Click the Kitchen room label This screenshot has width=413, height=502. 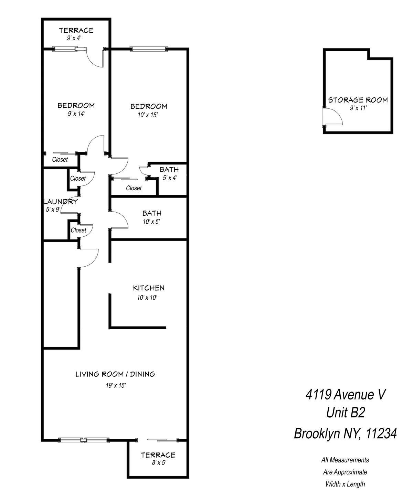(x=149, y=288)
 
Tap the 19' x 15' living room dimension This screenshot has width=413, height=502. (x=116, y=386)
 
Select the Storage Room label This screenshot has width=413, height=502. (x=358, y=100)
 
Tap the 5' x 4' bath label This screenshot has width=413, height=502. (x=170, y=178)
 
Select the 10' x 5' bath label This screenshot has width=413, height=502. (x=152, y=222)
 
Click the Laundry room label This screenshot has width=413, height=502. (x=61, y=202)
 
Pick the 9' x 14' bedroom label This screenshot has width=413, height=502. (x=76, y=114)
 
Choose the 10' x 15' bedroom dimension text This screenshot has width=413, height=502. (x=148, y=115)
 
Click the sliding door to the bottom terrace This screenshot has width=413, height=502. (x=158, y=440)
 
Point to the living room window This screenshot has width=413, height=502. (x=84, y=440)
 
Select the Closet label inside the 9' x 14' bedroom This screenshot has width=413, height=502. (x=60, y=160)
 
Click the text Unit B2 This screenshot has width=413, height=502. (x=345, y=412)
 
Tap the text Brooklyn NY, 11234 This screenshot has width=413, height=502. (x=345, y=434)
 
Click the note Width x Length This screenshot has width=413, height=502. (x=345, y=484)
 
